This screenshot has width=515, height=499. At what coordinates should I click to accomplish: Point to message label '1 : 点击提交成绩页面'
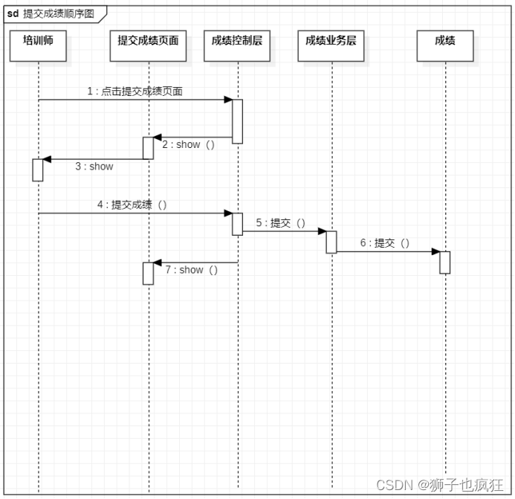point(135,91)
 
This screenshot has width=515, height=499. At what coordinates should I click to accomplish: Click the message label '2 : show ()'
point(189,145)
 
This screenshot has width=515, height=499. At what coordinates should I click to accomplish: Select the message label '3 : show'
point(94,167)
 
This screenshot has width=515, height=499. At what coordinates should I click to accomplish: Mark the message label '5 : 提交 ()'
point(281,223)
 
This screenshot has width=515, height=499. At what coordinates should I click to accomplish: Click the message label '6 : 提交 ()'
point(385,243)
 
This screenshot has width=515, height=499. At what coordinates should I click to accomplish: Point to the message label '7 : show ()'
point(192,270)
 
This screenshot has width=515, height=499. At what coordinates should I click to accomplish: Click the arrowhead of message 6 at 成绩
point(435,251)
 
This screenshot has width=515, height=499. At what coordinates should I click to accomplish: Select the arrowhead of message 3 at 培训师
point(47,159)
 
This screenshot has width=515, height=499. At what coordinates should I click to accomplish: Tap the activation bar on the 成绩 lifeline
point(444,263)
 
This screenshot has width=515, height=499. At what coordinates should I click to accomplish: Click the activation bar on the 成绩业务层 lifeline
point(331,242)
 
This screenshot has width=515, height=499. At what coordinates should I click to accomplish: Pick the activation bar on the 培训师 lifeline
point(38,170)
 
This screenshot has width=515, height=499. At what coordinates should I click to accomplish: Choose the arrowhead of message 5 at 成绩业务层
point(322,231)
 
